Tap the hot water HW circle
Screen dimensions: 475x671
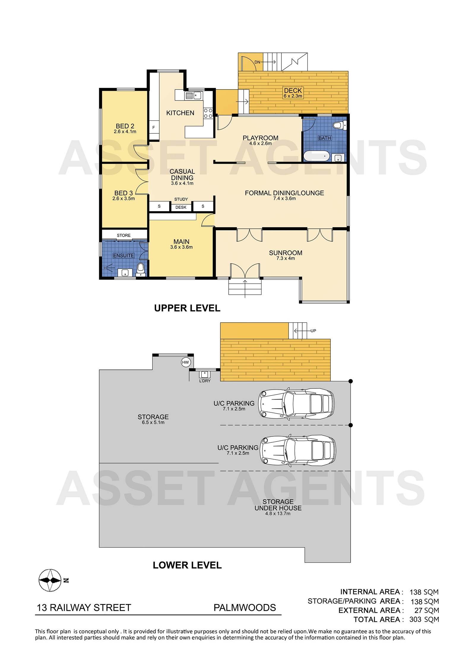pyautogui.click(x=186, y=362)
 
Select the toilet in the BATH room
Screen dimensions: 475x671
pyautogui.click(x=339, y=125)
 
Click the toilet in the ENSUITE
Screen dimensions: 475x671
pyautogui.click(x=141, y=269)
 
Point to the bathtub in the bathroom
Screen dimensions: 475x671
pyautogui.click(x=317, y=156)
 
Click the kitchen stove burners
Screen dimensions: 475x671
pyautogui.click(x=208, y=113)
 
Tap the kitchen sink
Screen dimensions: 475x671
pyautogui.click(x=193, y=95)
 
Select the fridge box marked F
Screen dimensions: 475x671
pyautogui.click(x=154, y=127)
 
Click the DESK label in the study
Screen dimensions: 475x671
pyautogui.click(x=181, y=207)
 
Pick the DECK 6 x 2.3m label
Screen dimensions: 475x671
pyautogui.click(x=293, y=93)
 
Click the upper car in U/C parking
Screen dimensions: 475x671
pyautogui.click(x=296, y=404)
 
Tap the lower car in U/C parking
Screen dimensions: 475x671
pyautogui.click(x=298, y=450)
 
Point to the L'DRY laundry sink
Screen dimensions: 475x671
pyautogui.click(x=205, y=374)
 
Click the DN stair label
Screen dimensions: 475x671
pyautogui.click(x=257, y=62)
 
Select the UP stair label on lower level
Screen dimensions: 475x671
pyautogui.click(x=313, y=331)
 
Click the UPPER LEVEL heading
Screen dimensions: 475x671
pyautogui.click(x=187, y=308)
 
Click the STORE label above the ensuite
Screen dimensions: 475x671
pyautogui.click(x=123, y=235)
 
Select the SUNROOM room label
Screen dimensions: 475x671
pyautogui.click(x=286, y=253)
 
